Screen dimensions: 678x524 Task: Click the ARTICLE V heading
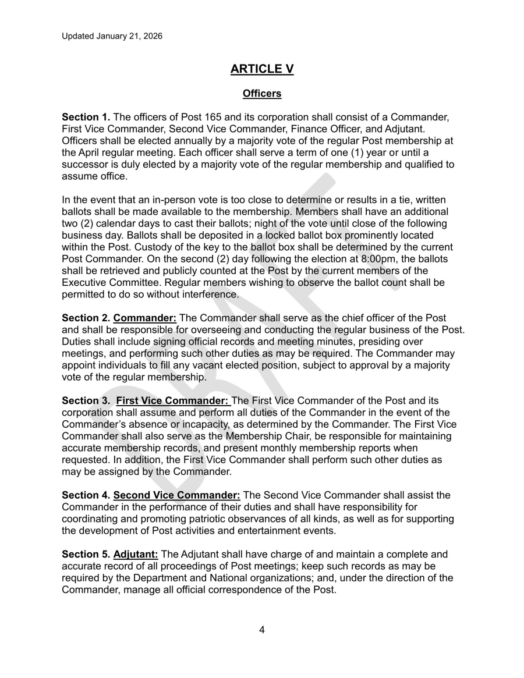(x=262, y=69)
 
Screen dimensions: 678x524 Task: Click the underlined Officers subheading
(x=262, y=93)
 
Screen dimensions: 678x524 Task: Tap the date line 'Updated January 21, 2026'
(x=112, y=36)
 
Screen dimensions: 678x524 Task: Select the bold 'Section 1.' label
(x=86, y=117)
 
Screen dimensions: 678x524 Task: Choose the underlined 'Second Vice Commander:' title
(x=176, y=495)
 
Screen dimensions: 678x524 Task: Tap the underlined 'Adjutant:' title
(x=136, y=554)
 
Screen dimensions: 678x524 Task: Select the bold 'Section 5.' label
(x=86, y=554)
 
